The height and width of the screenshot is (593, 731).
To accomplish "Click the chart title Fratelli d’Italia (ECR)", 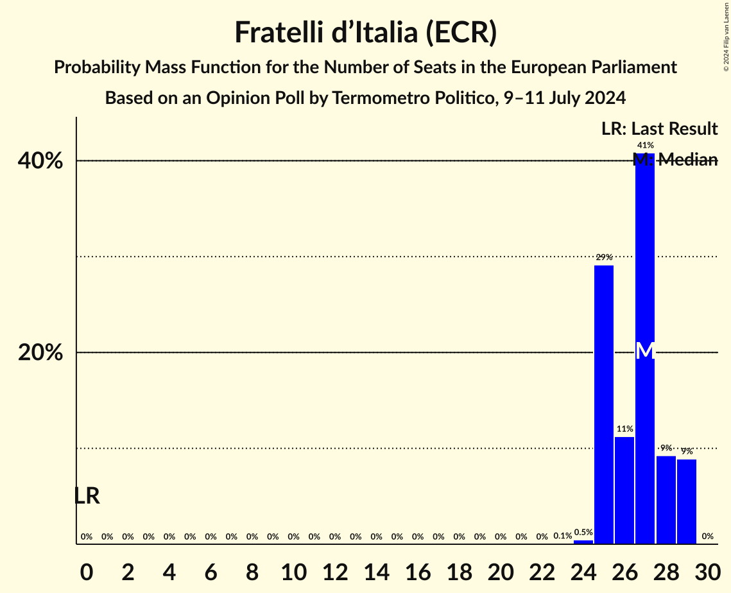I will pyautogui.click(x=365, y=32).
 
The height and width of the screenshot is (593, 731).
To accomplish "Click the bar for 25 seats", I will pyautogui.click(x=603, y=404).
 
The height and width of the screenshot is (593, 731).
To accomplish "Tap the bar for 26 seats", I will pyautogui.click(x=624, y=490).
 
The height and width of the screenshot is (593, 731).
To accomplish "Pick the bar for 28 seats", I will pyautogui.click(x=666, y=500).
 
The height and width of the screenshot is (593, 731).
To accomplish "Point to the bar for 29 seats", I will pyautogui.click(x=687, y=501).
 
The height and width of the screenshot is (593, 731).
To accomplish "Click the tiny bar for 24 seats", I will pyautogui.click(x=583, y=542).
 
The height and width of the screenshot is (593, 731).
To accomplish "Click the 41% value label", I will pyautogui.click(x=645, y=146).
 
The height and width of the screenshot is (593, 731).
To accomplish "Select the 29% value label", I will pyautogui.click(x=603, y=257).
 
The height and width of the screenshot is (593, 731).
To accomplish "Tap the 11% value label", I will pyautogui.click(x=624, y=429).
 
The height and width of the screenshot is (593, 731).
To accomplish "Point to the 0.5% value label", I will pyautogui.click(x=583, y=532).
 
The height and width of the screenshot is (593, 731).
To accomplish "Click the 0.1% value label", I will pyautogui.click(x=562, y=536).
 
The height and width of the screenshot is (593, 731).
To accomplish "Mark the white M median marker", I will pyautogui.click(x=645, y=351).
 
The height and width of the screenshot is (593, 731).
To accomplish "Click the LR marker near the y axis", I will pyautogui.click(x=87, y=496).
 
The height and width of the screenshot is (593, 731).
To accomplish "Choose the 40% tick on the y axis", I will pyautogui.click(x=40, y=161).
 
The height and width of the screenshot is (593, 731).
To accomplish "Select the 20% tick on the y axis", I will pyautogui.click(x=40, y=353).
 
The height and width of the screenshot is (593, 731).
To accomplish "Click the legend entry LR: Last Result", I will pyautogui.click(x=659, y=129).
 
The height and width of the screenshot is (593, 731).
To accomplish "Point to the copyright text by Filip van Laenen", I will pyautogui.click(x=726, y=35).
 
